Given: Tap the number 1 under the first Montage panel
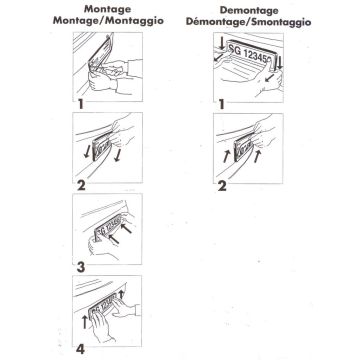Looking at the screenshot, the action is tap(80, 105).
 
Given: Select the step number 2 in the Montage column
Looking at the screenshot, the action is tap(81, 186).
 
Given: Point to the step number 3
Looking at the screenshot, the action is tap(81, 267).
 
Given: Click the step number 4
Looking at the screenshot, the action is tap(80, 349).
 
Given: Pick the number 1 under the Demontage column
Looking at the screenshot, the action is tap(221, 105).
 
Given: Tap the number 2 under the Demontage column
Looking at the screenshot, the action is tap(222, 186).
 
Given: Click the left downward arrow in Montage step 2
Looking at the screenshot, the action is tap(86, 152).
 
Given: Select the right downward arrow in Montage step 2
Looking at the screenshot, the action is tap(117, 155).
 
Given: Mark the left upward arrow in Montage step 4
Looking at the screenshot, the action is tap(85, 322).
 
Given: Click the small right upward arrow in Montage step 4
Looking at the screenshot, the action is tap(121, 294).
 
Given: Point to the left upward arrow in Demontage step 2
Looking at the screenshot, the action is tap(226, 156).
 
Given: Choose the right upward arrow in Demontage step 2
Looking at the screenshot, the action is tap(256, 157).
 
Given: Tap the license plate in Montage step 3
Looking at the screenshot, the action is tap(108, 228).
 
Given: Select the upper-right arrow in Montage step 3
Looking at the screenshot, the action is tap(126, 228).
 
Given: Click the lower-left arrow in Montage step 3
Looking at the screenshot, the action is tap(114, 239).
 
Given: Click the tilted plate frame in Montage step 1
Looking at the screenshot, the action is tap(101, 54).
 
